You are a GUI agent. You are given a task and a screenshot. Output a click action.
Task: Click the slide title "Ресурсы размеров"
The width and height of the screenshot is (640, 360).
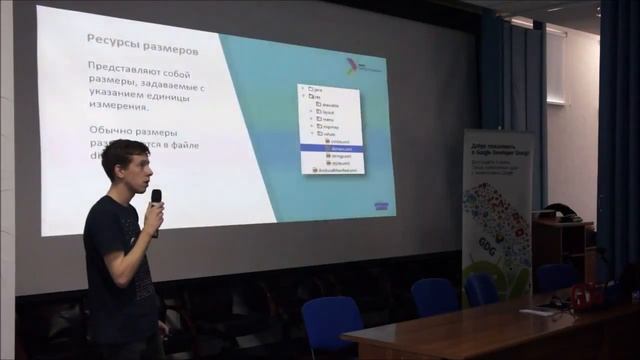pos(141,48)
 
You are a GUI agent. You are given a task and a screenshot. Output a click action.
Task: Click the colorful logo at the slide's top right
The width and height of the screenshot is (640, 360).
pos(352,66)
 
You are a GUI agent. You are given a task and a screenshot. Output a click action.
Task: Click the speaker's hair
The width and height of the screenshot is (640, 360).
pos(122,153)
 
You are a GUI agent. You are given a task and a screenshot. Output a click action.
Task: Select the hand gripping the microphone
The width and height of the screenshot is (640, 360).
pos(153,218)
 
